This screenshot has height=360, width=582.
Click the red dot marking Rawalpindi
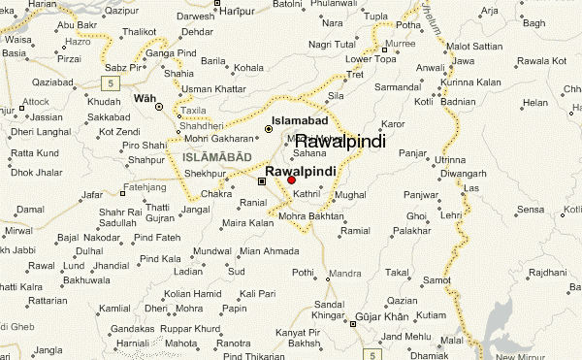coord(292,180)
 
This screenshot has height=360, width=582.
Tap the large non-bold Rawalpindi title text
coord(339,142)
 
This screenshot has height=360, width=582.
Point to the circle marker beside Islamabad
coord(269,128)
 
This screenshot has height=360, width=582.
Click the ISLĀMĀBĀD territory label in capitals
coord(215,156)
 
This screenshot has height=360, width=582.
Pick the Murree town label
coord(400,45)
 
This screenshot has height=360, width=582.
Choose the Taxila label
coord(194,112)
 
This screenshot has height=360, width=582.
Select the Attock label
coord(35,101)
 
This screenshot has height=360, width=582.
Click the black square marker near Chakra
coord(261,180)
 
